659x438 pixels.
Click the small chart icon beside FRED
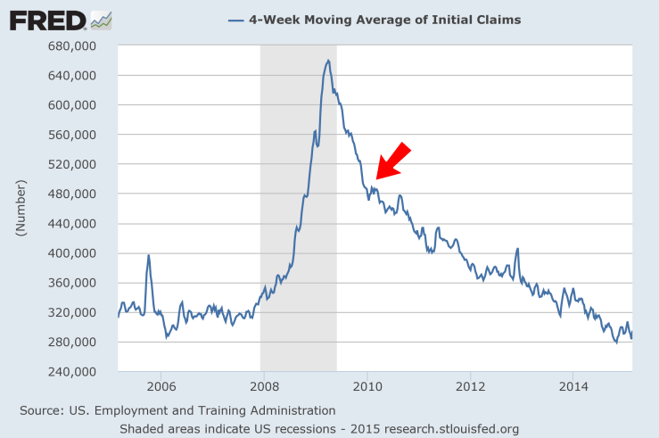coord(101,19)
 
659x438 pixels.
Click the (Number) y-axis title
coord(21,209)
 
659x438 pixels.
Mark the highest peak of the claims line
coord(328,61)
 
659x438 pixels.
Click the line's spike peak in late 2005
coord(148,255)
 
